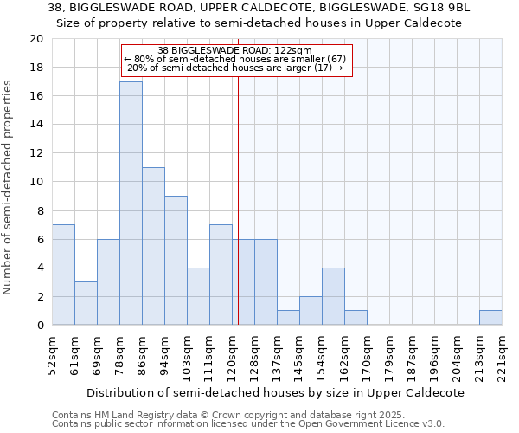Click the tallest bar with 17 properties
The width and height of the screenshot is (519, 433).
pyautogui.click(x=131, y=204)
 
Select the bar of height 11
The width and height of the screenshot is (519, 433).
pyautogui.click(x=153, y=246)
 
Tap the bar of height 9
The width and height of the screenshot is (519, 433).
pyautogui.click(x=176, y=261)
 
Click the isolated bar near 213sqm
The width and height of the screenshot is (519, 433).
pyautogui.click(x=490, y=318)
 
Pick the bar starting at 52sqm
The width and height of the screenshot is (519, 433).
pyautogui.click(x=63, y=275)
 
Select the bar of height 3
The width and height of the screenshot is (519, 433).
pyautogui.click(x=86, y=303)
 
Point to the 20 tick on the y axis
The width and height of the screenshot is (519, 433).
pyautogui.click(x=35, y=39)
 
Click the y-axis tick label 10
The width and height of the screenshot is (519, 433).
pyautogui.click(x=35, y=182)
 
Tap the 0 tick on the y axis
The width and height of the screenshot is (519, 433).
pyautogui.click(x=39, y=326)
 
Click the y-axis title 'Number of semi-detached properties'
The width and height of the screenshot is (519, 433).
pyautogui.click(x=9, y=187)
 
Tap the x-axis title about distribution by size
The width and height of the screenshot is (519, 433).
pyautogui.click(x=276, y=392)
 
